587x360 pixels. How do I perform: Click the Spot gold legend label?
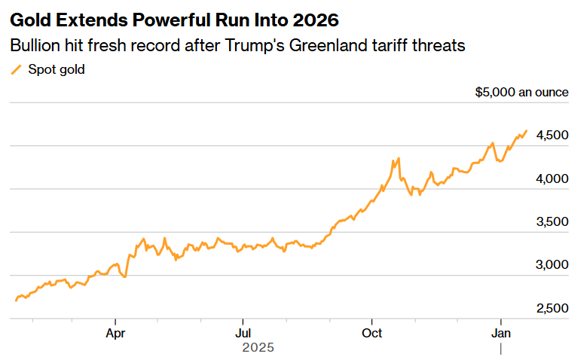[57, 70]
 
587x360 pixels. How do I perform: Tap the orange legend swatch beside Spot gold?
[16, 70]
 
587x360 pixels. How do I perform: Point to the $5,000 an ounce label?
[521, 93]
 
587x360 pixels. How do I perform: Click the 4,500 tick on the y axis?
[552, 136]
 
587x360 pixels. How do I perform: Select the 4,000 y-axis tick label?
[552, 179]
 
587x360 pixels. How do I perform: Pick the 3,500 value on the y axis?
[552, 222]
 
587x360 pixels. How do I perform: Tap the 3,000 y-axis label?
[552, 265]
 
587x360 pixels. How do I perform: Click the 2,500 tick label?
[552, 309]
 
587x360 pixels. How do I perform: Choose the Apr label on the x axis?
[115, 332]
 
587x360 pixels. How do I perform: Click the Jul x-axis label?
[243, 332]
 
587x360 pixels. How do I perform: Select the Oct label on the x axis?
[371, 332]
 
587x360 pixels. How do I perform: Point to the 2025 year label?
[258, 348]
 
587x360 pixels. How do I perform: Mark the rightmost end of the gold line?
[526, 130]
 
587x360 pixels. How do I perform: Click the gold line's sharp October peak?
[399, 158]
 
